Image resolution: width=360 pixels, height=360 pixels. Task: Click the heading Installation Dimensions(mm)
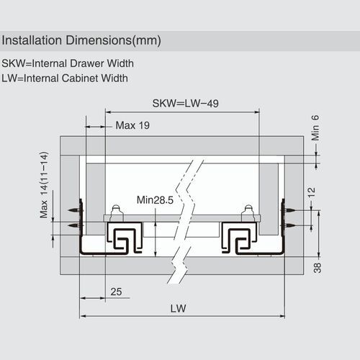point(82,39)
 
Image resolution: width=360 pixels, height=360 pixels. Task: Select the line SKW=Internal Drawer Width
point(68,63)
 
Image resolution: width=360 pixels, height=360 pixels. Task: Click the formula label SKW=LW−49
point(186,102)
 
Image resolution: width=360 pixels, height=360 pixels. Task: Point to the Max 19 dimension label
point(132,125)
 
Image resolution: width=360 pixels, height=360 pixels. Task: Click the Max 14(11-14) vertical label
point(44,185)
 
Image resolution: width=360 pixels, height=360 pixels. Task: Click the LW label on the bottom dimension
point(184,307)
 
